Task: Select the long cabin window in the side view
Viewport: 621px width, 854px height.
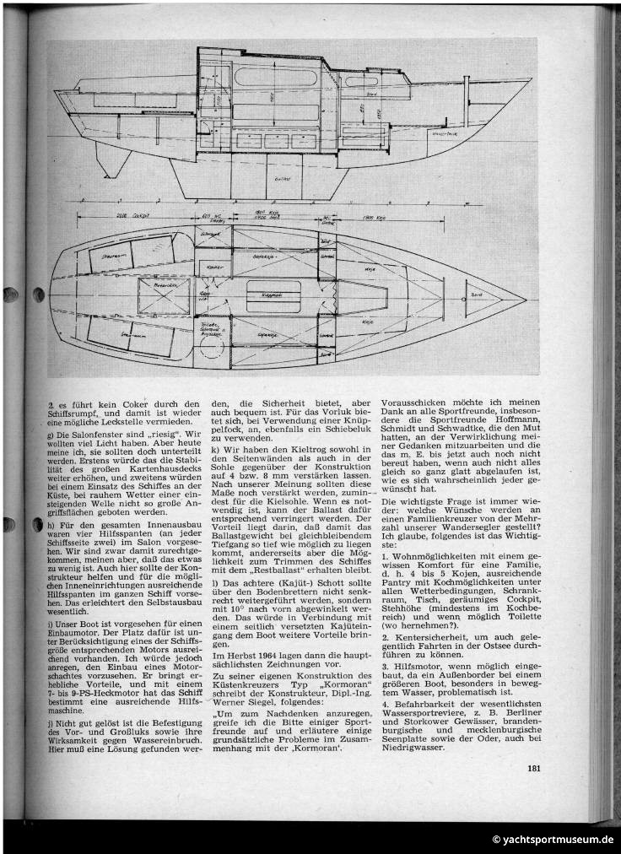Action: click(x=264, y=78)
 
